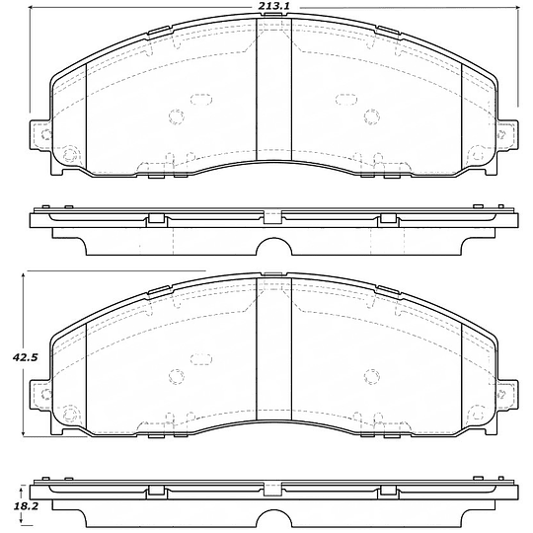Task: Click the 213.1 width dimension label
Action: click(273, 6)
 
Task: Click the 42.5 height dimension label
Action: click(24, 357)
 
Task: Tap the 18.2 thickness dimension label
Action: click(26, 506)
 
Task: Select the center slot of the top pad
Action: click(273, 89)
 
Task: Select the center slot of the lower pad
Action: click(273, 348)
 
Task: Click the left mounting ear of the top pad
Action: click(40, 134)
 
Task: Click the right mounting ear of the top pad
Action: click(508, 134)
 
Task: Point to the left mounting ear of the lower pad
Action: click(40, 394)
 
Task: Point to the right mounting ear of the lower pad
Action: click(508, 394)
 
